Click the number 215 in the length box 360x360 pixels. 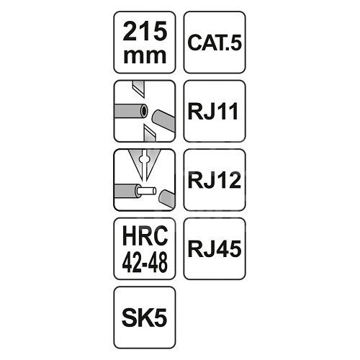145,31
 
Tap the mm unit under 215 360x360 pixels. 145,56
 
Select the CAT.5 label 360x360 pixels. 215,42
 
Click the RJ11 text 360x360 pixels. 213,111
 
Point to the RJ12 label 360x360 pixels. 215,180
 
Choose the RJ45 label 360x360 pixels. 215,249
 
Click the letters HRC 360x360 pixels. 145,235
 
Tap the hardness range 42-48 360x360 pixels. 145,263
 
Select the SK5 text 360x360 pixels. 145,318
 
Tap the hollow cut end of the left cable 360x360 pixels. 144,111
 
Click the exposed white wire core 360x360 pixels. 146,192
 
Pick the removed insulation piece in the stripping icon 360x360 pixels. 166,198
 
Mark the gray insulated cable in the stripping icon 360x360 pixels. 126,191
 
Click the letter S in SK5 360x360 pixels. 130,318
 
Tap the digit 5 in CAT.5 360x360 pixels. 235,42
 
